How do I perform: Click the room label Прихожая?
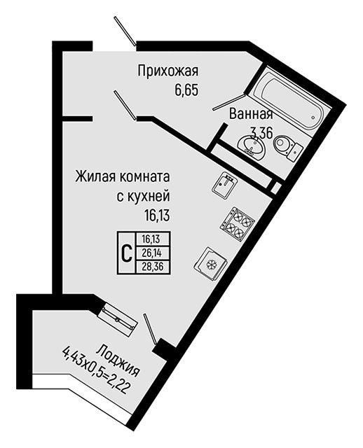click(168, 71)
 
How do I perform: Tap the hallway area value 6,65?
click(186, 90)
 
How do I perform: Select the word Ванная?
click(251, 114)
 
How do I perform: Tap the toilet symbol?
click(287, 146)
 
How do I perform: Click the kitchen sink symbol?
click(224, 183)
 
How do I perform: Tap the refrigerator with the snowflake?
click(211, 263)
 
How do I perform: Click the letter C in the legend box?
click(127, 253)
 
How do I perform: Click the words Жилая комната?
click(123, 178)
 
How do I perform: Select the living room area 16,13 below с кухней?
click(157, 215)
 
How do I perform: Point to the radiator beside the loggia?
click(118, 319)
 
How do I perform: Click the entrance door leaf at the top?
click(125, 31)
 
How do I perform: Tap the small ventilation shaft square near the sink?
click(275, 188)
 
